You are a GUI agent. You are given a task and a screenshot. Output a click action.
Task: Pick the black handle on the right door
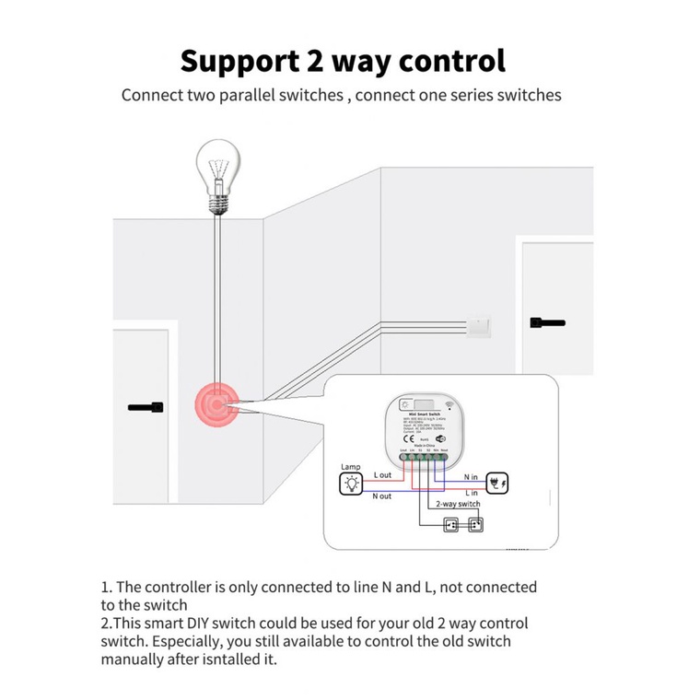(x=547, y=322)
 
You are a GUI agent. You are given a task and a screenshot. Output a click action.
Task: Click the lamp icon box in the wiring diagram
(x=351, y=486)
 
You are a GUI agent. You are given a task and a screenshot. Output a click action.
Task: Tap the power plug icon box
(x=496, y=483)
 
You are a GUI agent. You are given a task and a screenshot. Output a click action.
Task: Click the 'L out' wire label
(x=382, y=475)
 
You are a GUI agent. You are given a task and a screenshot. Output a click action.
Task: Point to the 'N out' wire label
(x=382, y=496)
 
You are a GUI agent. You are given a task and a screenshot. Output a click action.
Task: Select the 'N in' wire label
(x=470, y=476)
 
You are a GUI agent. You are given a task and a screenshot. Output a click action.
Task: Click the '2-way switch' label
(x=457, y=505)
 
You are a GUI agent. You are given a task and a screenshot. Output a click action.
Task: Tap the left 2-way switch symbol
(x=450, y=526)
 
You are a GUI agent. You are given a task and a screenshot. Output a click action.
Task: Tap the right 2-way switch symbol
(x=476, y=526)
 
